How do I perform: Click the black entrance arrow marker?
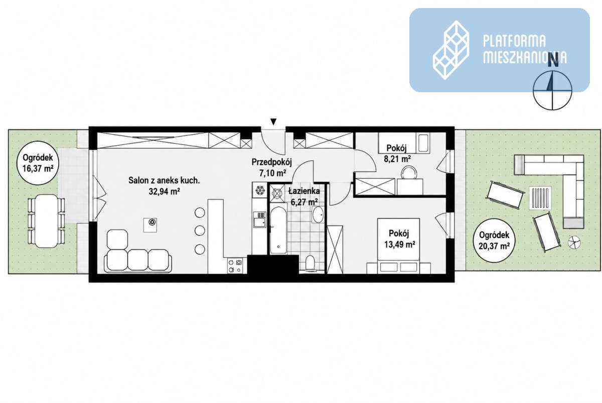coord(273,122)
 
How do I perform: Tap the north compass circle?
coord(552,90)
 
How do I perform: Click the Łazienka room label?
coord(304,191)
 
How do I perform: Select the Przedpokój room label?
coord(271,162)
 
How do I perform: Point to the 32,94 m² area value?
coord(164,191)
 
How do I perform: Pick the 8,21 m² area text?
coord(397,159)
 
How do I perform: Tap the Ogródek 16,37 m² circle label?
coord(38,163)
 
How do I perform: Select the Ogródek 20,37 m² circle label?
coord(494,241)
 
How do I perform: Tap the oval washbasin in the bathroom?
coord(318,215)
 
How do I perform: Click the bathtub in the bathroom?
coord(278,229)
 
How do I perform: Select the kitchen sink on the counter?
coord(260,219)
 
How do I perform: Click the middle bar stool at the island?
coord(200,231)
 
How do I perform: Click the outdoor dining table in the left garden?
coord(47,221)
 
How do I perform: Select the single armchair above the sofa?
coord(117,240)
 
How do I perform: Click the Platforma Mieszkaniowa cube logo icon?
coord(451,50)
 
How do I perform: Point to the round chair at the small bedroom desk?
coord(409,172)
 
